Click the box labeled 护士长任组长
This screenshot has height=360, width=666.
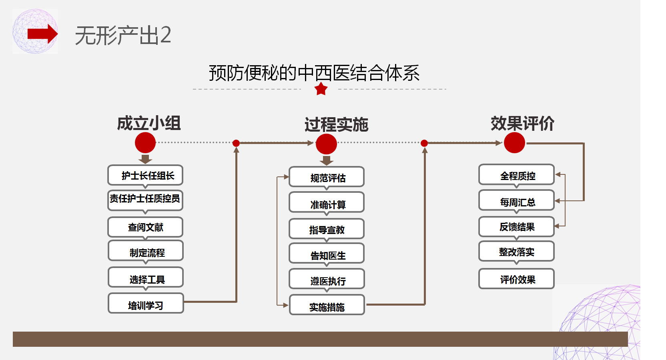145,175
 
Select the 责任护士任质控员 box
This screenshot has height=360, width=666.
145,199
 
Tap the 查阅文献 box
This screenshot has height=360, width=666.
145,227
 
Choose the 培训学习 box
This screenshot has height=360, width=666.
145,305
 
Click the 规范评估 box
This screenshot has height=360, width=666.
327,178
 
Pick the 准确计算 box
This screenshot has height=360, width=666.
327,204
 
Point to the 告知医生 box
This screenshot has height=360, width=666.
327,254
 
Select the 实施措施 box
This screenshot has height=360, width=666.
327,306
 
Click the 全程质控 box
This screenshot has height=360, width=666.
516,175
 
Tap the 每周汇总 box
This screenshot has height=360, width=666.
516,201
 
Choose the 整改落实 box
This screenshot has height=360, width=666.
516,252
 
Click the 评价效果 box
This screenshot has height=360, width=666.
516,279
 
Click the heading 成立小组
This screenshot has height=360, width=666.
149,123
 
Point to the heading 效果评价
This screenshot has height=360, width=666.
522,123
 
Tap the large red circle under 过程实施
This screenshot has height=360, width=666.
326,144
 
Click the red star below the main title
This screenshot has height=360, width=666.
321,89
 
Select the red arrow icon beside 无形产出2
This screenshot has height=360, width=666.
42,34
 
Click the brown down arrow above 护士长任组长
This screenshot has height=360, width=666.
145,159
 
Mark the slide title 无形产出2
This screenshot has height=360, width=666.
123,35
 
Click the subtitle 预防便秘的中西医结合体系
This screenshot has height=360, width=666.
314,73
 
